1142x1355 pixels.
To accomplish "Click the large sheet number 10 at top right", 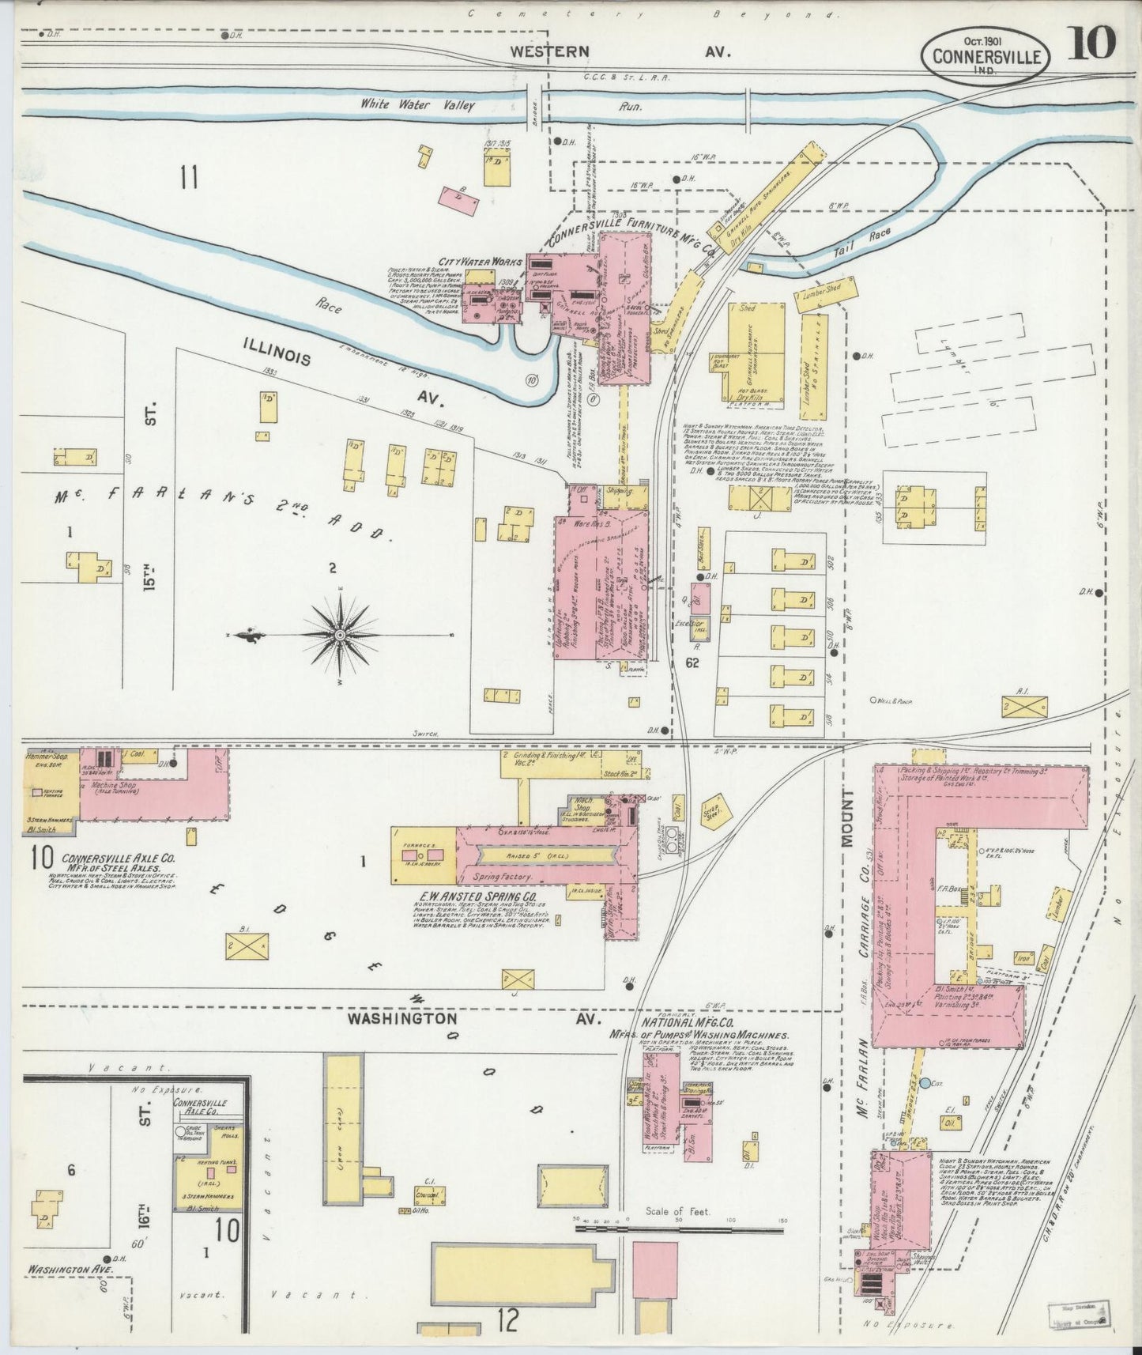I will pyautogui.click(x=1093, y=43).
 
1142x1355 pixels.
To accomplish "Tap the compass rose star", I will pyautogui.click(x=340, y=635).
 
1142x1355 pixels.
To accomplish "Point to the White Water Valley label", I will pyautogui.click(x=417, y=104).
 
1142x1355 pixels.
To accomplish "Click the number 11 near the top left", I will pyautogui.click(x=187, y=177).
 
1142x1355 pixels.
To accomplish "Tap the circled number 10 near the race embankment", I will pyautogui.click(x=532, y=379).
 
